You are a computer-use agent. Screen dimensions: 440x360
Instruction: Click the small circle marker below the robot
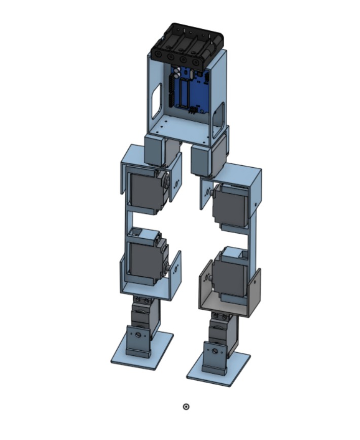[186, 406]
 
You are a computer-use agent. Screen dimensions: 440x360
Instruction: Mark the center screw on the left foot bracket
[137, 335]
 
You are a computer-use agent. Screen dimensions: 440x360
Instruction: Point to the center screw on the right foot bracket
[215, 351]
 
